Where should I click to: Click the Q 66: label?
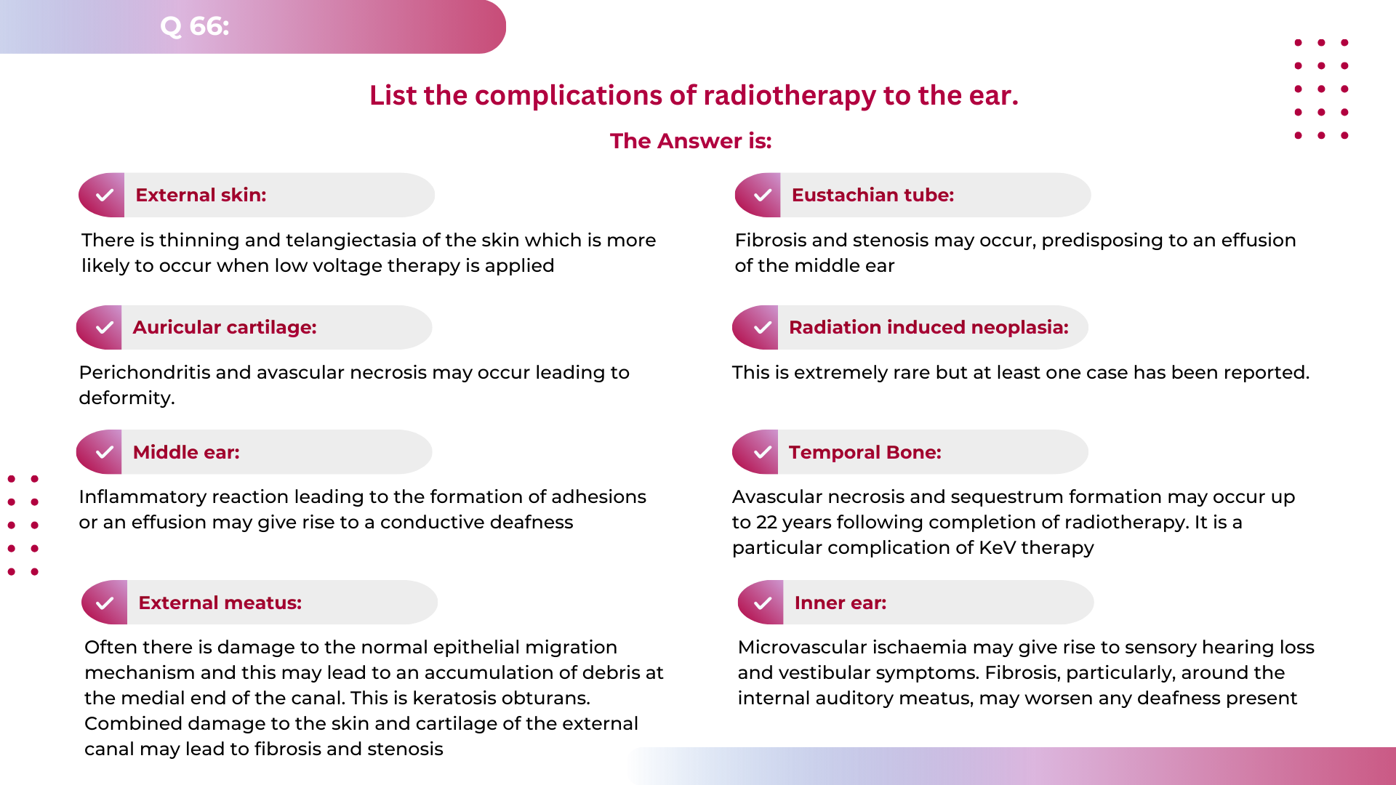coord(194,26)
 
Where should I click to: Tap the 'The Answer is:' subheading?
coord(690,140)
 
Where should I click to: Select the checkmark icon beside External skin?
coord(105,195)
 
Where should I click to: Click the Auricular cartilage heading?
coord(224,327)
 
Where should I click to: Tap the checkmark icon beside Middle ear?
coord(104,452)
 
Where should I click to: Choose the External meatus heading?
coord(220,603)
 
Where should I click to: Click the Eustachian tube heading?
coord(872,195)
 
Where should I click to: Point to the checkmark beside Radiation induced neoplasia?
coord(762,328)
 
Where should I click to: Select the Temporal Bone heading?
coord(865,452)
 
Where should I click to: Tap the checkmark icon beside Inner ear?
coord(763,603)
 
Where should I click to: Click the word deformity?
coord(126,398)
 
